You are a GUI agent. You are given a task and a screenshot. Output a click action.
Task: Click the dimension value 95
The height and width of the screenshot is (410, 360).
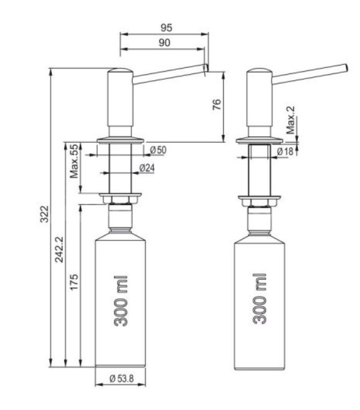(166, 27)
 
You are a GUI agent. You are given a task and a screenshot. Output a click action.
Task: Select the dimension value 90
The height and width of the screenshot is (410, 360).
(164, 42)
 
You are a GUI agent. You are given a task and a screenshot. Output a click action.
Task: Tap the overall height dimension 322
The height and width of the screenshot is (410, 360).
(44, 214)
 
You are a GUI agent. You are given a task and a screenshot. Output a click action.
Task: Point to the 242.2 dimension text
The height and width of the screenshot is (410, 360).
(59, 249)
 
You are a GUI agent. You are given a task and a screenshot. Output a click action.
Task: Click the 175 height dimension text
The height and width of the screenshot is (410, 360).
(74, 282)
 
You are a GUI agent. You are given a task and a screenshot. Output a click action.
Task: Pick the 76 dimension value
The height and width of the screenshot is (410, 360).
(217, 104)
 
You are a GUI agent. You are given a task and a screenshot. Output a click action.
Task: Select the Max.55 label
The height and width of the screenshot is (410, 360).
(74, 161)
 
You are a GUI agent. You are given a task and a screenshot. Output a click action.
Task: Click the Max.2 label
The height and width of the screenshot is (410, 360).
(290, 120)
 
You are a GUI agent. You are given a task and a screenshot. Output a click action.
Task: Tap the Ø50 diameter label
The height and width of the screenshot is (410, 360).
(158, 150)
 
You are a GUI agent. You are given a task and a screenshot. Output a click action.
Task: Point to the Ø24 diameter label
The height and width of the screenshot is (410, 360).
(147, 168)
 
